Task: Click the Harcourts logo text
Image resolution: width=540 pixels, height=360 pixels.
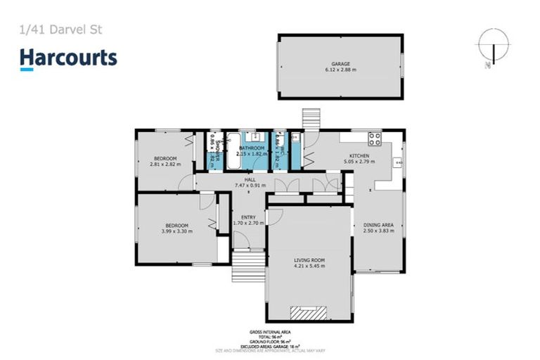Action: [68, 58]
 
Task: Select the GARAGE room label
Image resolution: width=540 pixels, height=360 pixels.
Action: [340, 63]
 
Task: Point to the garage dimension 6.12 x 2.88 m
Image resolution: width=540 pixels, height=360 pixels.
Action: [340, 70]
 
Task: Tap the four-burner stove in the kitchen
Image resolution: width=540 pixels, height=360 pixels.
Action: [374, 138]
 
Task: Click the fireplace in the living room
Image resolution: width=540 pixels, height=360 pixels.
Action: [309, 313]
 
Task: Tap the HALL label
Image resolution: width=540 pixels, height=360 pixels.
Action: [249, 180]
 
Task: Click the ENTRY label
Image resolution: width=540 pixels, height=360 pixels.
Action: [248, 217]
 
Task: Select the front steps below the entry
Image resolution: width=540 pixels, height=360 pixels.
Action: [248, 266]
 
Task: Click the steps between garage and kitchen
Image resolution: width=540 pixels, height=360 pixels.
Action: [311, 118]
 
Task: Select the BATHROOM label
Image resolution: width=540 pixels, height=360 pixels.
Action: [251, 148]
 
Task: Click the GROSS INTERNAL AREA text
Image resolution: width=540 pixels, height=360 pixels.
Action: [270, 331]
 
